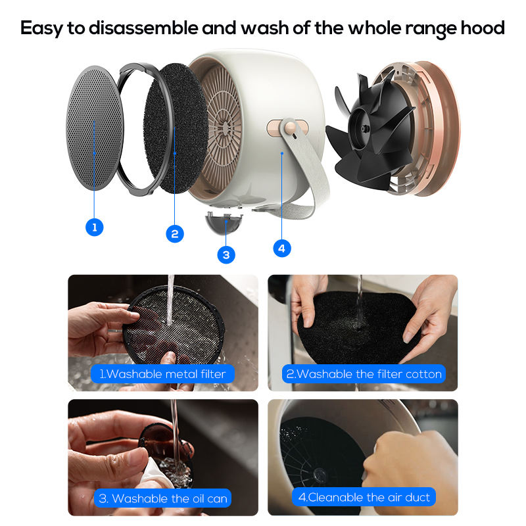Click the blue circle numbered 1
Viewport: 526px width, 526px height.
(94, 227)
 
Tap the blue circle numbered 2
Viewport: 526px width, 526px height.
(175, 233)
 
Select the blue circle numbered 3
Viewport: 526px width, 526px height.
(226, 254)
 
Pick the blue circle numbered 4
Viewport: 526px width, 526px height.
(282, 249)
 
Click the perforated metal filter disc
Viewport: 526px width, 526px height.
(95, 128)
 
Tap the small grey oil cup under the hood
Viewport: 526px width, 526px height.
(224, 222)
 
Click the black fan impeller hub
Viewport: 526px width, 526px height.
(364, 128)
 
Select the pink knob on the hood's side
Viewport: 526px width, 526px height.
(289, 127)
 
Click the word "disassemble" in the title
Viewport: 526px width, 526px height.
(143, 28)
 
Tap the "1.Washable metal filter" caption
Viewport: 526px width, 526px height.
(162, 373)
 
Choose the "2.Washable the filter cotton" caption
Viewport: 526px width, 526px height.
(364, 373)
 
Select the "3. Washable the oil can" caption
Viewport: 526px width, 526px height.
(162, 498)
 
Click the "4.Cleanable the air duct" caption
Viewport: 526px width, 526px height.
(364, 497)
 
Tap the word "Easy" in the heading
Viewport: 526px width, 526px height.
(41, 29)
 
